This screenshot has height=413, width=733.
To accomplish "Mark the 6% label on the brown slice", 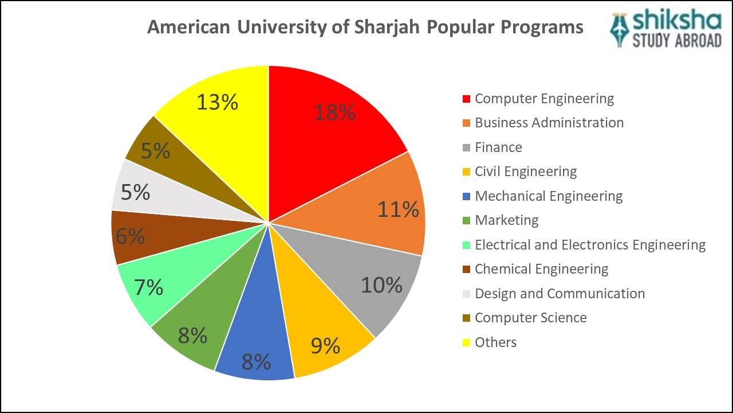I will [x=130, y=236].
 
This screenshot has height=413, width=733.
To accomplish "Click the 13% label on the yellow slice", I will [x=217, y=102].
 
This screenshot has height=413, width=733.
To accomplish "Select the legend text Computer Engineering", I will [x=544, y=99].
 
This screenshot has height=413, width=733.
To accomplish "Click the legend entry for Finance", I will [x=498, y=147].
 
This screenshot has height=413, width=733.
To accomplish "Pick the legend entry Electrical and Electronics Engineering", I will [x=590, y=245].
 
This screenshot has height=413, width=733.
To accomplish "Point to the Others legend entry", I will [x=495, y=342].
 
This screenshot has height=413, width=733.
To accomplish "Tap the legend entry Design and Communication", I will [x=559, y=294].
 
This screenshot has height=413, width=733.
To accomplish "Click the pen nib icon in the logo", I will [x=620, y=29].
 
